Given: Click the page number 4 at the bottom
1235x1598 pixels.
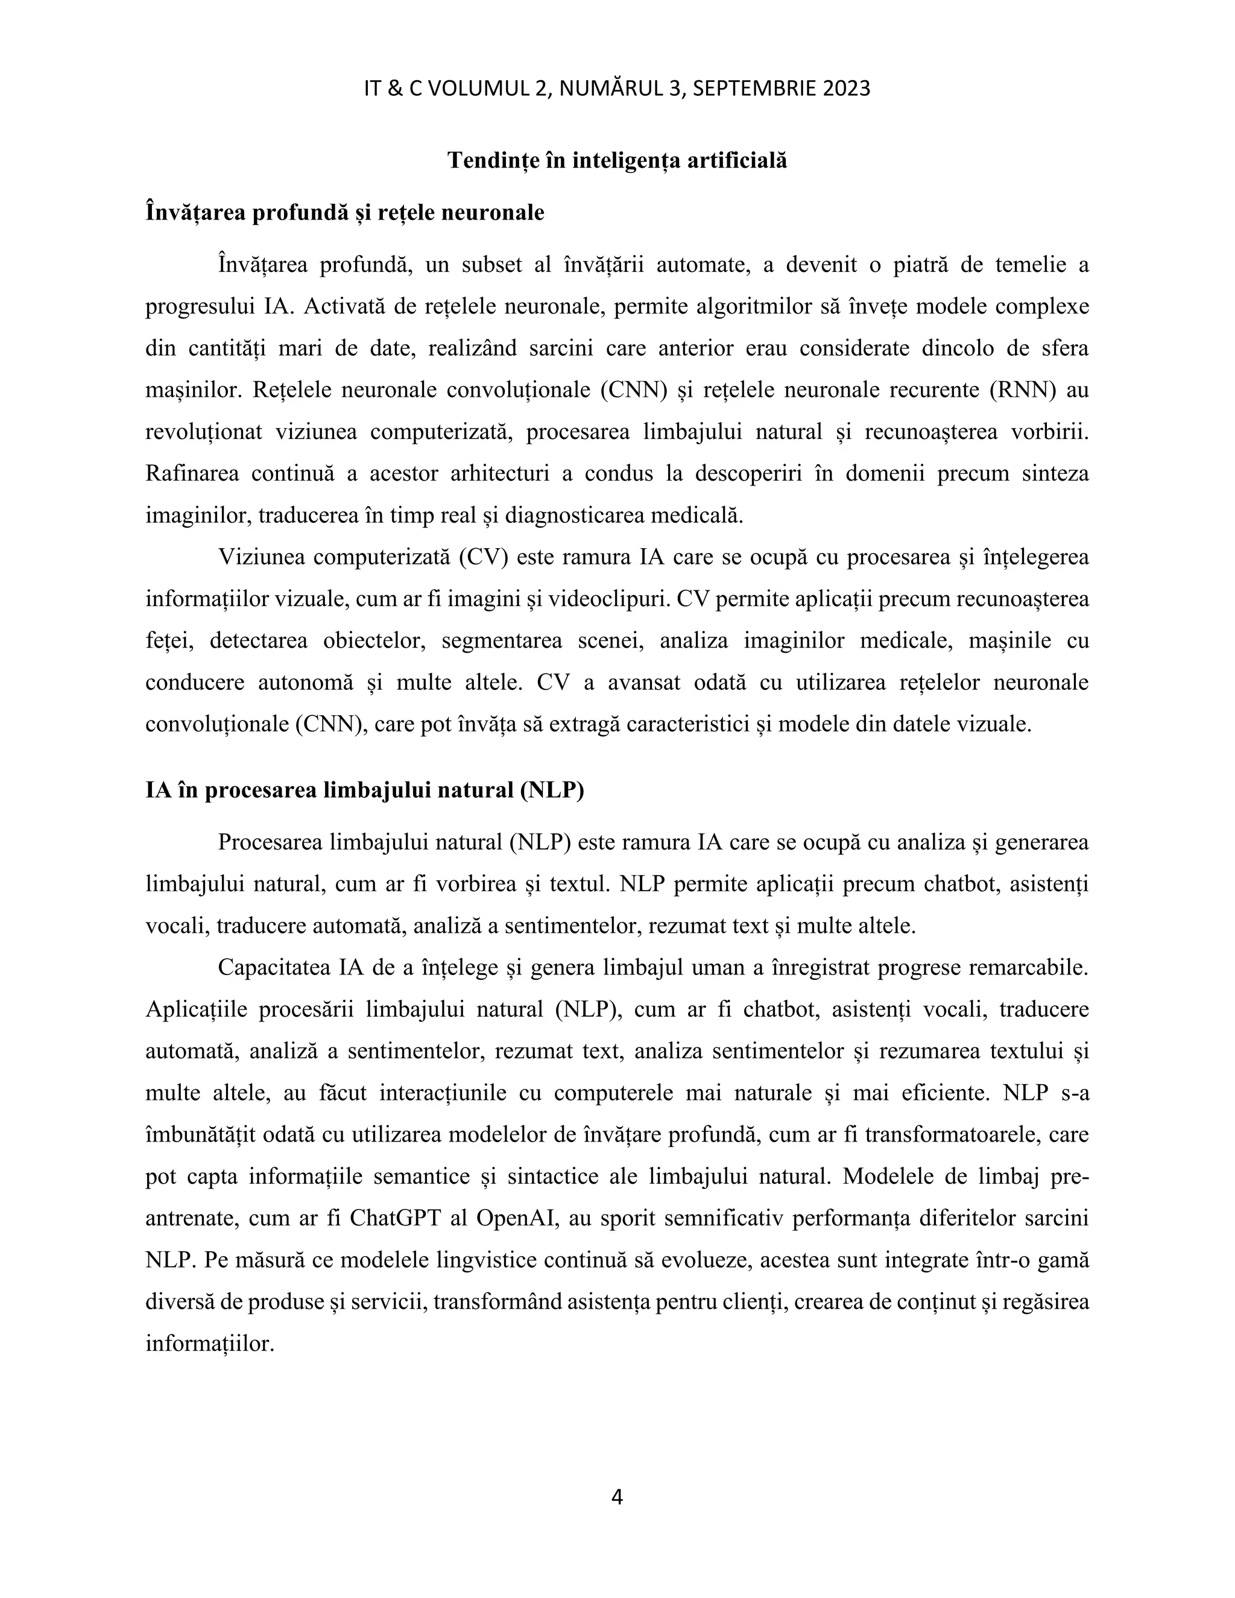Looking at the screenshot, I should [x=617, y=1498].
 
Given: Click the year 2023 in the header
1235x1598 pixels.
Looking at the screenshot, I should [x=847, y=89].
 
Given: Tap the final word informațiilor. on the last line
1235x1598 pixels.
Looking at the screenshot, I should [x=209, y=1344].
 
